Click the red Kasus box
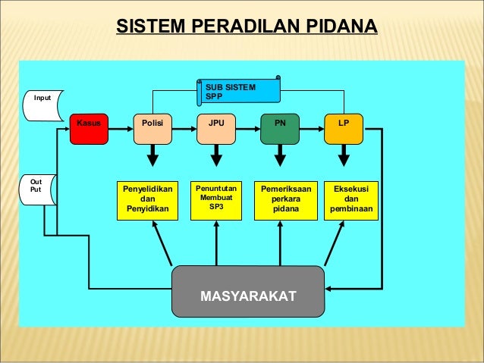pyautogui.click(x=90, y=129)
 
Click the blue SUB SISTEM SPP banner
pyautogui.click(x=239, y=91)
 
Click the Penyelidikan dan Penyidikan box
pyautogui.click(x=148, y=199)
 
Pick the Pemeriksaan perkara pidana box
pyautogui.click(x=280, y=199)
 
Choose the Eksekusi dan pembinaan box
pyautogui.click(x=351, y=199)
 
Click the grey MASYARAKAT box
pyautogui.click(x=248, y=292)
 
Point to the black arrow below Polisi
pyautogui.click(x=152, y=157)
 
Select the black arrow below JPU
pyautogui.click(x=216, y=157)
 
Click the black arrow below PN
pyautogui.click(x=280, y=157)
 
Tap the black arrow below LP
pyautogui.click(x=344, y=157)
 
